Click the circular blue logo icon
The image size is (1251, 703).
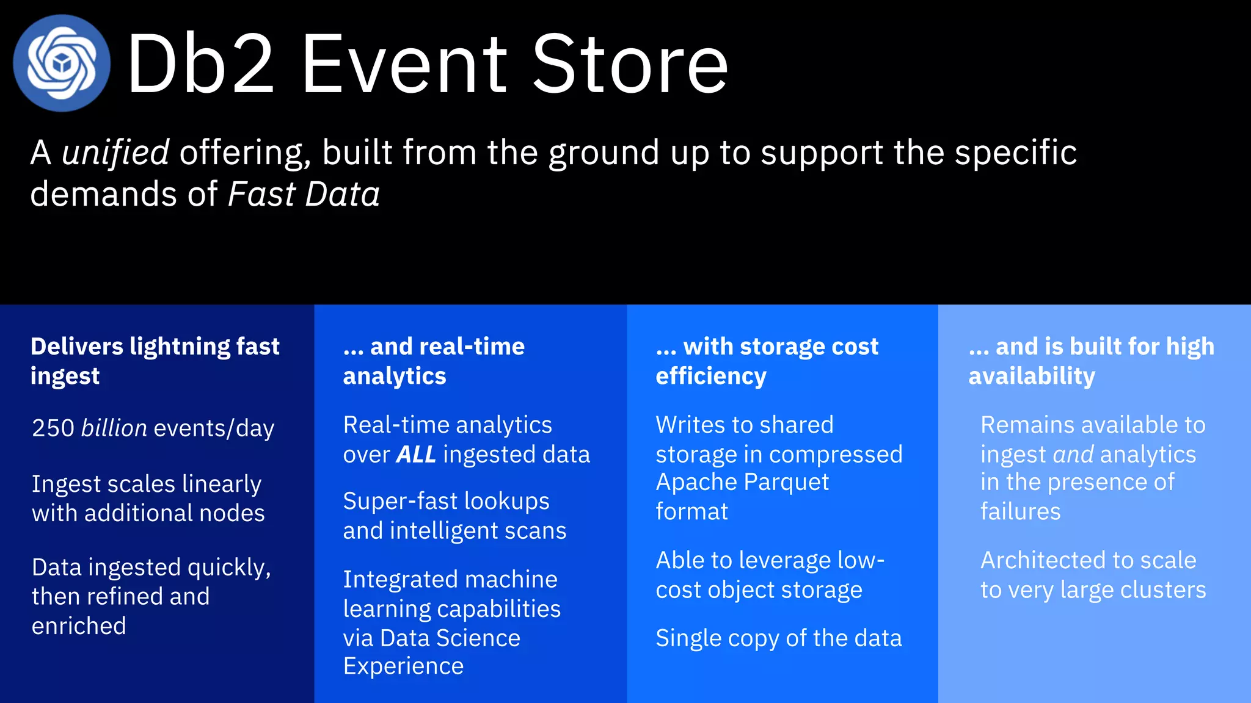[x=62, y=63]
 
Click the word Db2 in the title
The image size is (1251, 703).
[x=200, y=64]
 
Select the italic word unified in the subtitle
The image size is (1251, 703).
[x=115, y=152]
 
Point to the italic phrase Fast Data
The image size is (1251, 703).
[x=304, y=195]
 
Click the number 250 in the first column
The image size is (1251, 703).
[x=53, y=428]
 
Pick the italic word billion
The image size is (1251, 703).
[x=114, y=428]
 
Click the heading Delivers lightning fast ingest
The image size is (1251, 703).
[x=155, y=361]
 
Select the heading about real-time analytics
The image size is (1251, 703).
[x=434, y=361]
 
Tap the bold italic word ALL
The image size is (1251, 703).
[x=416, y=455]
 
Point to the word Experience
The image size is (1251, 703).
[x=403, y=666]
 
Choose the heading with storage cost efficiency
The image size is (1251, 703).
[x=767, y=361]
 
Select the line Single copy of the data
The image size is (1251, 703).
[x=778, y=638]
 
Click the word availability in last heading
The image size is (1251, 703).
[x=1031, y=376]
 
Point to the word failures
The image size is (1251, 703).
[x=1020, y=511]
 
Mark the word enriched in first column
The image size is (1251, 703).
[x=79, y=626]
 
